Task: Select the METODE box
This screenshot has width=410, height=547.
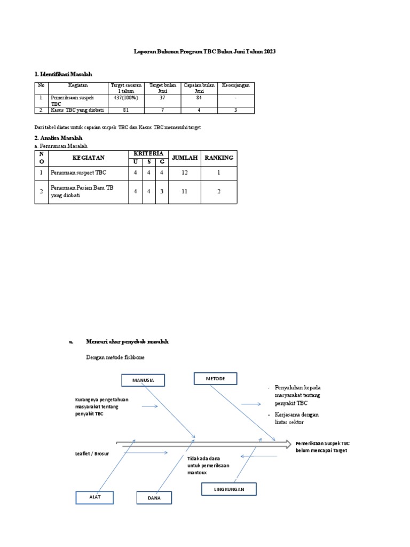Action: pos(215,378)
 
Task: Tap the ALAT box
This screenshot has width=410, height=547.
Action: pos(94,497)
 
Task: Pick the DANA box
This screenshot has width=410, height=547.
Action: pos(154,498)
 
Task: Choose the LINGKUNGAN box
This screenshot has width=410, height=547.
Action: pos(229,489)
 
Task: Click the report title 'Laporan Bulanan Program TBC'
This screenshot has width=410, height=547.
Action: pos(205,52)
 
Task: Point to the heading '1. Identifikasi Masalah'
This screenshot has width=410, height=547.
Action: pos(63,74)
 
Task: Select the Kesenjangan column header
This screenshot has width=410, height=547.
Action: pos(235,85)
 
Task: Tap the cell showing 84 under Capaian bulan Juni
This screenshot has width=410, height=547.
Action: pos(199,98)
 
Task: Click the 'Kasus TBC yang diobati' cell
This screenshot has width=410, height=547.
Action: pos(77,110)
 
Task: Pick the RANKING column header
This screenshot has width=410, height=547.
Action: pos(219,158)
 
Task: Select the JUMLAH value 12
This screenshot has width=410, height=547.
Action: pos(185,173)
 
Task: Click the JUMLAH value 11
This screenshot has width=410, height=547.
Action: pos(185,191)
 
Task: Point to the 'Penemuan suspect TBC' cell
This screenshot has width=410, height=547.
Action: pos(78,173)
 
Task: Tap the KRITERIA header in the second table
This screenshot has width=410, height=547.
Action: pos(148,154)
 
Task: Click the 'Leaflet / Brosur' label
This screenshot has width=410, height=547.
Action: pos(92,453)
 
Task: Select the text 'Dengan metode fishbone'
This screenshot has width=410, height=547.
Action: pos(115,357)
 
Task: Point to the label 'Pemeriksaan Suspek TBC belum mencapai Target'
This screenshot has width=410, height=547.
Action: pos(323,447)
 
